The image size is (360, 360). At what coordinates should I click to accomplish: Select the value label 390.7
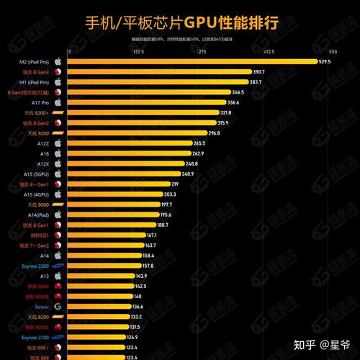coord(258,72)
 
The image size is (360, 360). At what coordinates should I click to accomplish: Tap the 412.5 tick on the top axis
coord(269,52)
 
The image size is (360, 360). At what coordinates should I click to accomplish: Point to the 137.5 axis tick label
coord(139,52)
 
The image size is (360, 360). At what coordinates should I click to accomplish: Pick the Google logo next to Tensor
coord(58,307)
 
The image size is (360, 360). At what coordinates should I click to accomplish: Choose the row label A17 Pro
coord(39,103)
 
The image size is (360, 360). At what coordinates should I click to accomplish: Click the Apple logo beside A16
coord(58,153)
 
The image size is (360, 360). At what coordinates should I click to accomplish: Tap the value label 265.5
coord(199,143)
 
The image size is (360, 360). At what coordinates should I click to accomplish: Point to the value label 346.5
coord(238,92)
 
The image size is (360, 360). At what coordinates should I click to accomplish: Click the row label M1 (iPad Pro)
coord(34,82)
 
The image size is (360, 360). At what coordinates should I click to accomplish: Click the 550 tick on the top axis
coord(333,52)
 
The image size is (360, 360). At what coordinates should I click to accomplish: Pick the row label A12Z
coord(43,143)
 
